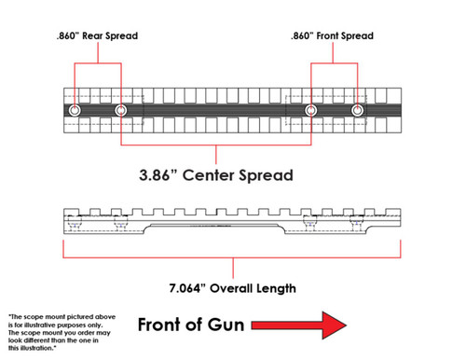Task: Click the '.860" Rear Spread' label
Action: (97, 35)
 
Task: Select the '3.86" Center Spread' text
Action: (217, 173)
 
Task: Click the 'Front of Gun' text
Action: (190, 325)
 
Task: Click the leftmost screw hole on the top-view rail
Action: (75, 111)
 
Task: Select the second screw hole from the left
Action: (121, 111)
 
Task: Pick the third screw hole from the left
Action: (310, 111)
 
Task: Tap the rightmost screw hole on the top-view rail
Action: (357, 111)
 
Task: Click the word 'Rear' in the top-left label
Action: (96, 35)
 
